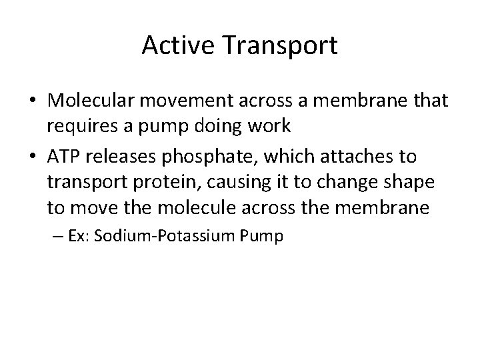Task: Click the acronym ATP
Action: (64, 157)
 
